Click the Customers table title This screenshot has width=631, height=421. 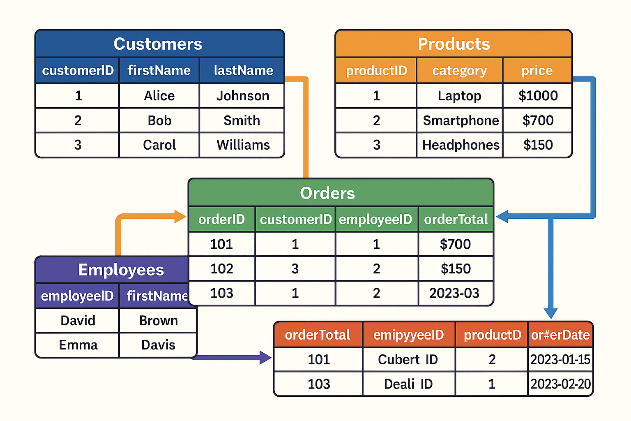pyautogui.click(x=158, y=44)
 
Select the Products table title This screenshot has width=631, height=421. pyautogui.click(x=454, y=44)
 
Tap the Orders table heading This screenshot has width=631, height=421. pyautogui.click(x=327, y=193)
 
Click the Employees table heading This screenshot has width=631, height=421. pyautogui.click(x=121, y=270)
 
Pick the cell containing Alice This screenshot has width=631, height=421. pyautogui.click(x=159, y=96)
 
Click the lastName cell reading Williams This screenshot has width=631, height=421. pyautogui.click(x=243, y=145)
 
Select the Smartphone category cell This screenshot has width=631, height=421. pyautogui.click(x=460, y=120)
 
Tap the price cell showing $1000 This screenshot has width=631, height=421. pyautogui.click(x=538, y=96)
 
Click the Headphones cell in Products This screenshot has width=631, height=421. pyautogui.click(x=460, y=145)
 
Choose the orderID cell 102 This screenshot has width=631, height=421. pyautogui.click(x=222, y=269)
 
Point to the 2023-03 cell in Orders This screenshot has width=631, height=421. pyautogui.click(x=454, y=293)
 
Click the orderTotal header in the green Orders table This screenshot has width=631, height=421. pyautogui.click(x=456, y=220)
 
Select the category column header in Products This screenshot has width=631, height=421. pyautogui.click(x=459, y=71)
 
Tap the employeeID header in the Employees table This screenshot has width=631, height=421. pyautogui.click(x=77, y=296)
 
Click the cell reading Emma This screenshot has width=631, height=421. pyautogui.click(x=78, y=345)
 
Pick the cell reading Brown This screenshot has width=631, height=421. pyautogui.click(x=159, y=321)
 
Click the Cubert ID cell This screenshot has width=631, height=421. pyautogui.click(x=408, y=360)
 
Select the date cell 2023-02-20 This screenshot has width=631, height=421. pyautogui.click(x=560, y=384)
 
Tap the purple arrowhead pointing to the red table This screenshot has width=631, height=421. pyautogui.click(x=265, y=357)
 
